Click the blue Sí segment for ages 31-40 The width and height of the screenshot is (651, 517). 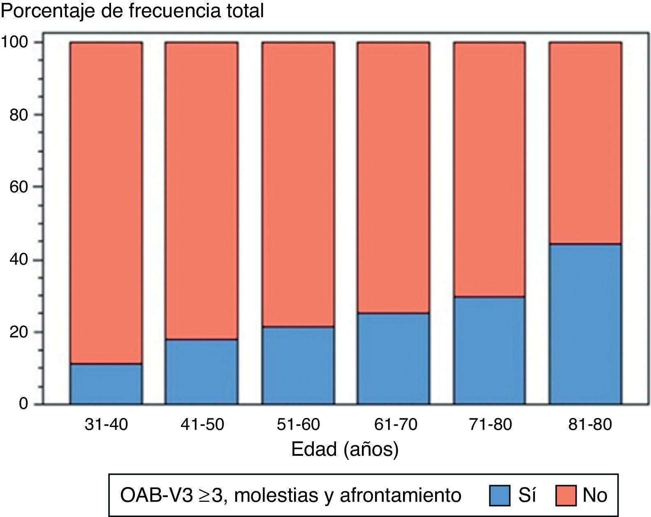point(106,383)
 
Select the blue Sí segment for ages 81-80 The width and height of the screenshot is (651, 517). point(586,324)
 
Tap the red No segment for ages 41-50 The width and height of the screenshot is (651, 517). point(202,191)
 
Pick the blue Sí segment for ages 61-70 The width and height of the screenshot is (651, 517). point(394,358)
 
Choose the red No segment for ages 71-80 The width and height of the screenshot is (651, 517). point(489,169)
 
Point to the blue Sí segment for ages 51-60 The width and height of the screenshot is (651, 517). point(298,365)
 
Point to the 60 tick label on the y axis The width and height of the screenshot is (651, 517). point(19,187)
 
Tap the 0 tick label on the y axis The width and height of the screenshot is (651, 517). point(23,404)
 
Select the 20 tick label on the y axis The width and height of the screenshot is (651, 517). point(19,332)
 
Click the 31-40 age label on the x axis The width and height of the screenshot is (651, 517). point(106,424)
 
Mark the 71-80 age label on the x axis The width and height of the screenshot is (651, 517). point(490,424)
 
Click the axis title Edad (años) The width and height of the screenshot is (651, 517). point(345,449)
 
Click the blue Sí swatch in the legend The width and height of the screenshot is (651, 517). point(500,495)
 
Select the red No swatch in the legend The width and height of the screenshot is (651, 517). point(566,495)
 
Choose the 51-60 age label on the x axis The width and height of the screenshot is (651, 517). point(298,424)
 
